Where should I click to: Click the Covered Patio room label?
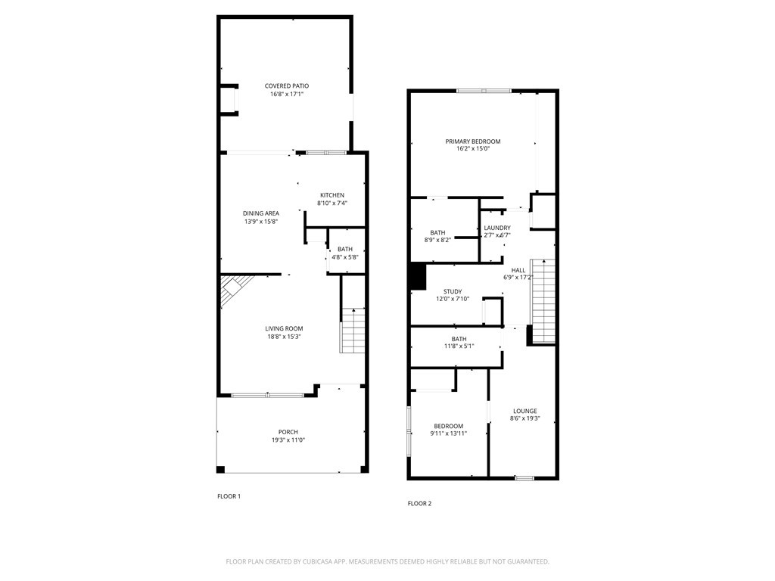[x=286, y=86]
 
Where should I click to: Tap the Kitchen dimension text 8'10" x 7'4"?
[x=331, y=203]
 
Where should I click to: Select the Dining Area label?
[x=261, y=213]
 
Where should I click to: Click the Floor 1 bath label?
[x=344, y=249]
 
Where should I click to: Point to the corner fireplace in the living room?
[x=233, y=290]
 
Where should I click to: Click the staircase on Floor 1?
[x=353, y=331]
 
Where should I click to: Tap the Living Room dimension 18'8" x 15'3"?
[x=284, y=337]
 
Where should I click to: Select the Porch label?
[x=288, y=432]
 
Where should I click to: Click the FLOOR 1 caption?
[x=229, y=496]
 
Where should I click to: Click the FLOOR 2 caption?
[x=419, y=503]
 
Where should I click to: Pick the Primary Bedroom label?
[x=472, y=141]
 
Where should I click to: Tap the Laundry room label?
[x=497, y=228]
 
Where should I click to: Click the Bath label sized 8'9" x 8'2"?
[x=437, y=233]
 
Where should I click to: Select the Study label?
[x=453, y=291]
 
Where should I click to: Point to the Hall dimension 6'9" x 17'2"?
[x=518, y=278]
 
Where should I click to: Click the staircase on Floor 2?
[x=543, y=300]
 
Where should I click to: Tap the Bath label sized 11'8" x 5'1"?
[x=459, y=339]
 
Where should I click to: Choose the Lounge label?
[x=524, y=411]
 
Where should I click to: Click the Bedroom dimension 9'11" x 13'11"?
[x=450, y=433]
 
